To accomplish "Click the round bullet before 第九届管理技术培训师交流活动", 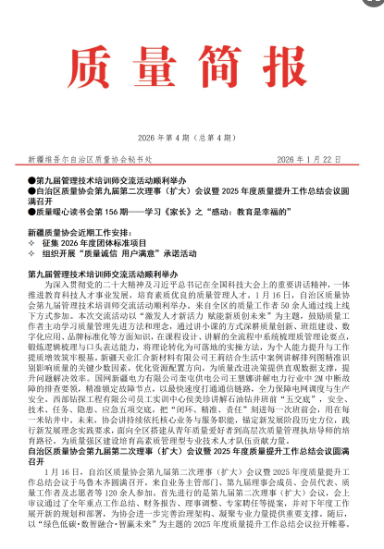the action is point(32,177).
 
